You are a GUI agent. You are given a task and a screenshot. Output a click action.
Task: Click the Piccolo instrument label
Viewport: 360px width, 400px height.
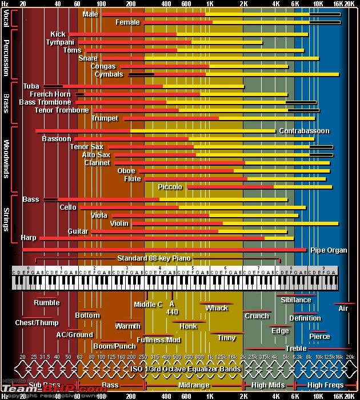[x=170, y=187]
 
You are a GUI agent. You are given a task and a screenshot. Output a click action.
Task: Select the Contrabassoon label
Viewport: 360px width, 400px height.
[x=304, y=131]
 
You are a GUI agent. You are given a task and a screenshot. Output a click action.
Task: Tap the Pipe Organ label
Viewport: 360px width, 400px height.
[x=329, y=250]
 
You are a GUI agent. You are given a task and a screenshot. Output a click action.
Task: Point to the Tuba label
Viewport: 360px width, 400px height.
[x=31, y=86]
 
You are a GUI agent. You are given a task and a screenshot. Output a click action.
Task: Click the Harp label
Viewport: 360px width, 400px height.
[x=28, y=238]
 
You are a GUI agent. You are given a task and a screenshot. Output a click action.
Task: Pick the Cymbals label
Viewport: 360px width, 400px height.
[x=109, y=74]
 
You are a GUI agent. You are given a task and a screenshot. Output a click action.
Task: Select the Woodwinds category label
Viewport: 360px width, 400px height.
[x=6, y=159]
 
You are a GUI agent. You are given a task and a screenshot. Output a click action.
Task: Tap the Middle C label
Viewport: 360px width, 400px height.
[x=148, y=305]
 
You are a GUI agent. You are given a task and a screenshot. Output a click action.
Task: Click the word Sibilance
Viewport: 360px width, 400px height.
[x=296, y=300]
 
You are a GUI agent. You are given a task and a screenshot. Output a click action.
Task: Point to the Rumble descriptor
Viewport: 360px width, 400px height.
[x=46, y=303]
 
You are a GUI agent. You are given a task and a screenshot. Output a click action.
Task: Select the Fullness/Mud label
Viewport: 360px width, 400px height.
[x=159, y=340]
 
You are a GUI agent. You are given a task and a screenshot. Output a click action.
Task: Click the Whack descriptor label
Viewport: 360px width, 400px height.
[x=217, y=308]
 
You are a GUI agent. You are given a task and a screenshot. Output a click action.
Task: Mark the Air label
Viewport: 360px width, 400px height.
[x=343, y=309]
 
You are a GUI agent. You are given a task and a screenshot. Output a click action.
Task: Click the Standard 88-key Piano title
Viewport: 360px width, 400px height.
[x=154, y=258]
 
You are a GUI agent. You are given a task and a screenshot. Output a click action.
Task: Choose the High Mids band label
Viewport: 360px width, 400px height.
[x=268, y=386]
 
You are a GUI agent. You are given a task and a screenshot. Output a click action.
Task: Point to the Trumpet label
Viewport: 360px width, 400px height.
[x=105, y=118]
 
